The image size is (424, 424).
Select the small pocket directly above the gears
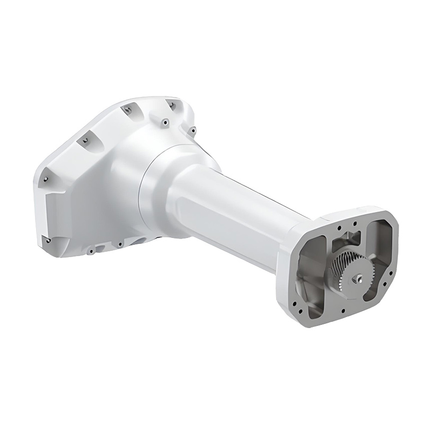[347, 239]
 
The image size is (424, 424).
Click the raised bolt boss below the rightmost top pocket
[165, 122]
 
